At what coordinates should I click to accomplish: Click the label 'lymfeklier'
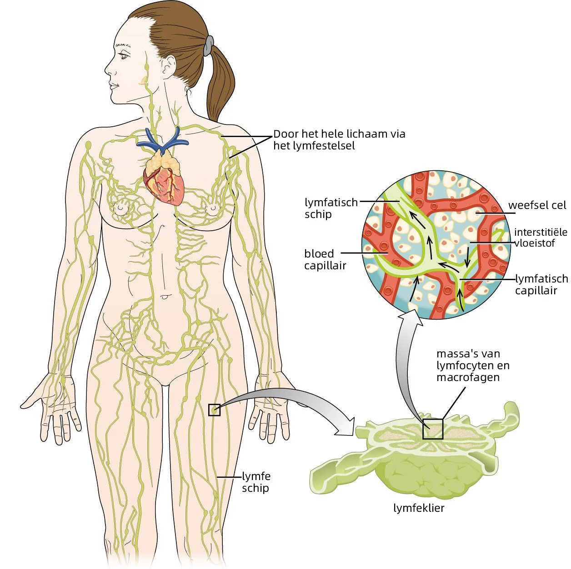tap(419, 508)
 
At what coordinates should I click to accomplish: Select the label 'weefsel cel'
tap(537, 205)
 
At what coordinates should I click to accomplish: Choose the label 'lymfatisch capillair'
tap(541, 284)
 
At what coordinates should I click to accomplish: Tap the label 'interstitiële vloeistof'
tap(541, 237)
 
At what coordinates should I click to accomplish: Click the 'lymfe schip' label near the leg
tap(256, 482)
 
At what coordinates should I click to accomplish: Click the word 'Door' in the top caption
tap(285, 134)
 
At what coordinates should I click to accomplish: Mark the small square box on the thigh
tap(214, 410)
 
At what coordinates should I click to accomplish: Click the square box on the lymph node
tap(432, 429)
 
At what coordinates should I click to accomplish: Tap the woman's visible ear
tap(167, 67)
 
